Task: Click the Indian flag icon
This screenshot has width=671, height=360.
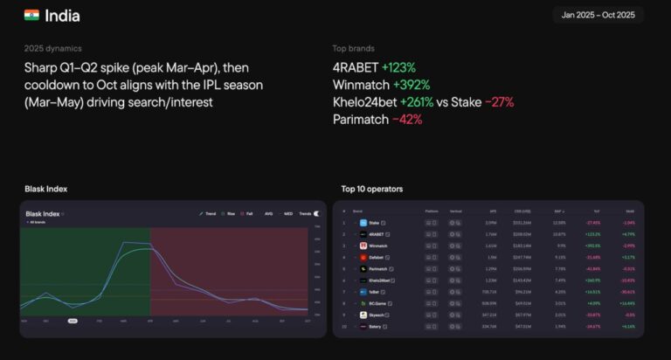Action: click(31, 15)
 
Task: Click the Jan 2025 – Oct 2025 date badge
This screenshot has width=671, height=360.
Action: click(598, 15)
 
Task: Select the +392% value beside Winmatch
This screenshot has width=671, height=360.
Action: click(415, 85)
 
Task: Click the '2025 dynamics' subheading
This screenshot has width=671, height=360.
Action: click(53, 48)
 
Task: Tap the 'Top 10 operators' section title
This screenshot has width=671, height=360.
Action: click(372, 189)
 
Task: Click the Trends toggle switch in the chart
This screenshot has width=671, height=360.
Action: click(316, 213)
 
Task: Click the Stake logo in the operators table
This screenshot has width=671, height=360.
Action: click(363, 223)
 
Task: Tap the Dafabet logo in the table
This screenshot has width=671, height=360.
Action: click(363, 258)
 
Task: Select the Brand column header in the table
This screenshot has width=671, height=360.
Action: click(357, 211)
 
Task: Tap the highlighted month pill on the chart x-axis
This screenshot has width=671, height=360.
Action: click(73, 321)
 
